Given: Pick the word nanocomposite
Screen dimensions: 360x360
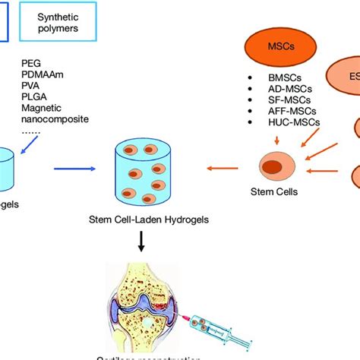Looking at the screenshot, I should pyautogui.click(x=55, y=122).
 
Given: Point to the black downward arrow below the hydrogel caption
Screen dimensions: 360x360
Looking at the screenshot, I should pyautogui.click(x=141, y=241).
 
